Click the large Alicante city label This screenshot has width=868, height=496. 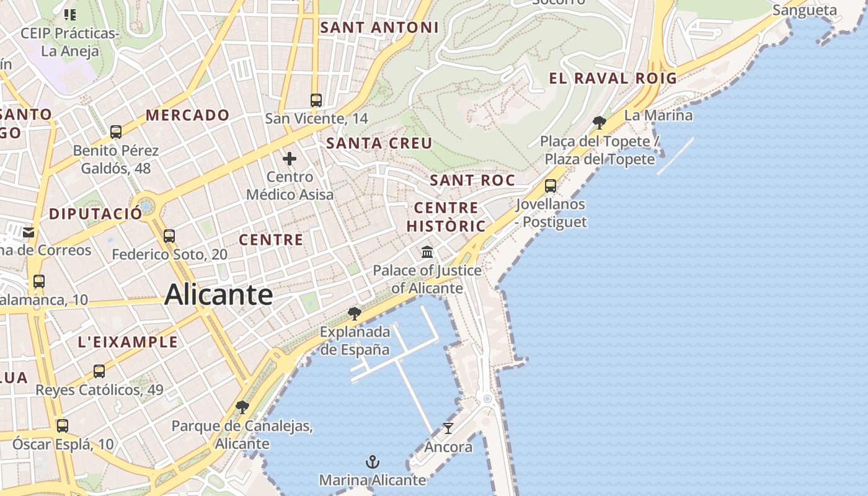click(x=218, y=294)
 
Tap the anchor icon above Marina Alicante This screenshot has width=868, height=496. click(x=372, y=462)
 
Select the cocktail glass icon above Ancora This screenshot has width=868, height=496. click(x=448, y=428)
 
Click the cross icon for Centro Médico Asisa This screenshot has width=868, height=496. click(x=290, y=159)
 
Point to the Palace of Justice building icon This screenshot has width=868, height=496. click(x=427, y=252)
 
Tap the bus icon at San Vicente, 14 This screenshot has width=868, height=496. click(x=316, y=100)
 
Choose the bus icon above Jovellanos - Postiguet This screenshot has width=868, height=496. click(x=550, y=185)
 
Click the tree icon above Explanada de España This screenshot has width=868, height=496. click(x=355, y=313)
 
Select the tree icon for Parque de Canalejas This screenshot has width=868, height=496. click(x=242, y=407)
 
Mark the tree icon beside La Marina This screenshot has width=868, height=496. click(x=599, y=122)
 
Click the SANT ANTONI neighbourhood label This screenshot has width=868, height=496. click(x=379, y=27)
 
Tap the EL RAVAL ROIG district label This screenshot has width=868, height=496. click(x=613, y=78)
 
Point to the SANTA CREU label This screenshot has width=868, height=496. click(x=379, y=143)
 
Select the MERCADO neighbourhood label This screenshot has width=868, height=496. click(x=187, y=115)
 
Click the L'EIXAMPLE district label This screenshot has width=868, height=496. click(x=128, y=342)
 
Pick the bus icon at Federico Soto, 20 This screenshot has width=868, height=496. click(x=169, y=236)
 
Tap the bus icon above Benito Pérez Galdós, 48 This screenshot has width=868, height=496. click(x=116, y=131)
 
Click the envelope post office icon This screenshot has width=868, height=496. click(x=29, y=232)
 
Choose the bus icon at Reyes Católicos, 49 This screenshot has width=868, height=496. click(x=99, y=371)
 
